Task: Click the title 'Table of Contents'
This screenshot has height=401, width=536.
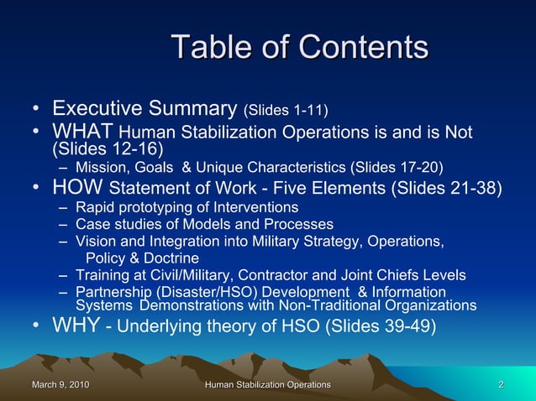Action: (299, 47)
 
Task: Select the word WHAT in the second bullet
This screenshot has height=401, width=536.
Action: (83, 132)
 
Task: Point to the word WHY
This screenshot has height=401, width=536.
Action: (76, 325)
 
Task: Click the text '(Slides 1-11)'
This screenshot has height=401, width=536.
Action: (286, 110)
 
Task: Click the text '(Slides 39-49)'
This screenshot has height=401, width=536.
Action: (380, 326)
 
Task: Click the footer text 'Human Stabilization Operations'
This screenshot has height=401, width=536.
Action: (268, 384)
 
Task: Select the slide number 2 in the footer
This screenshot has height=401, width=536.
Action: (501, 384)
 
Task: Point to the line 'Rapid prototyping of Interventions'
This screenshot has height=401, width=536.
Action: (187, 206)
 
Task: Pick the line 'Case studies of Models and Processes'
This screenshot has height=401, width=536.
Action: (204, 224)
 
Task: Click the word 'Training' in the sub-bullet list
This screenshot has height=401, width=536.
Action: (102, 275)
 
